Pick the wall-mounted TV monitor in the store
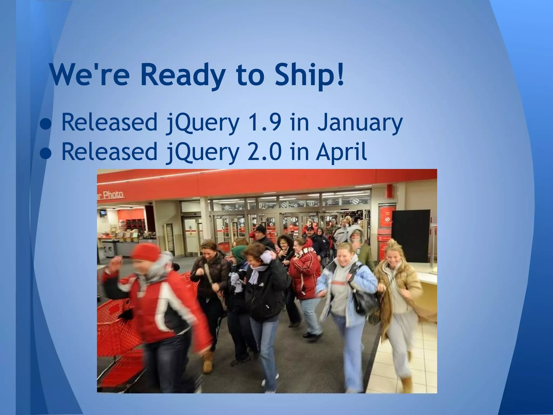[103, 213]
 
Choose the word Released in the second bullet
[109, 151]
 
